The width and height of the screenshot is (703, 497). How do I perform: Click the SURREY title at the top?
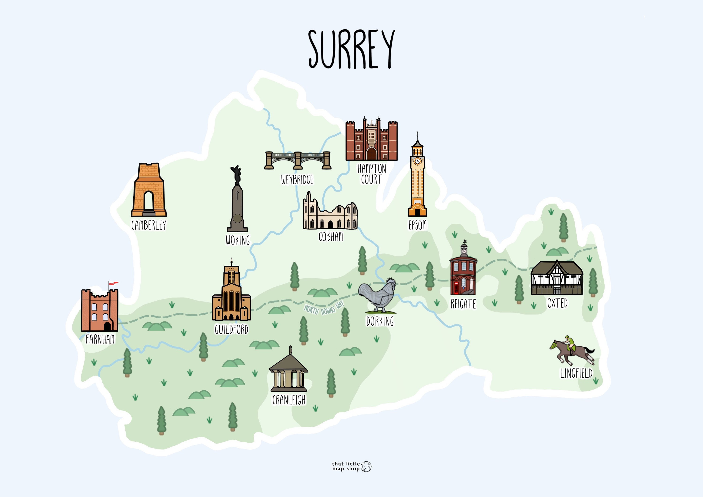[351, 49]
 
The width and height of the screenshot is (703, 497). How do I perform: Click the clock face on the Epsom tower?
[417, 161]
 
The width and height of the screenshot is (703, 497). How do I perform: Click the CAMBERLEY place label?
[149, 225]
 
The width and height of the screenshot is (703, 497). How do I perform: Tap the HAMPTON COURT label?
[371, 174]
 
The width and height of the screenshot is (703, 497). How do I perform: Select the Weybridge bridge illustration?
[298, 160]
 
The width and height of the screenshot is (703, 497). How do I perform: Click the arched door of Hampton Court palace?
[371, 154]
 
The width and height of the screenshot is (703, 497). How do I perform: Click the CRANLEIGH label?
[289, 400]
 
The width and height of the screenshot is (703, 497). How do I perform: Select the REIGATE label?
[463, 304]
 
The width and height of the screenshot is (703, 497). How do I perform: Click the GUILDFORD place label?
[232, 329]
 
